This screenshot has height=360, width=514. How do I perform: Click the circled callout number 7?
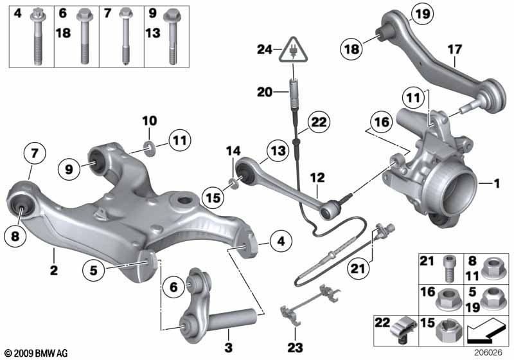[35, 154]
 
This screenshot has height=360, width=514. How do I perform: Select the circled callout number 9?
[69, 169]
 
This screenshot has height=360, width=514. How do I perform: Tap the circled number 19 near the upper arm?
[423, 14]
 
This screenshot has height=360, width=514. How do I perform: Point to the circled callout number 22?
[319, 122]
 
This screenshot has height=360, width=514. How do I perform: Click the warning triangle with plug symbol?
[293, 50]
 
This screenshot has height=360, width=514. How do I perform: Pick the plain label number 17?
[454, 50]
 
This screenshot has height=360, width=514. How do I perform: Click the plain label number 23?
[295, 347]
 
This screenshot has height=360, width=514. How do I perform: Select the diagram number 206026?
[488, 353]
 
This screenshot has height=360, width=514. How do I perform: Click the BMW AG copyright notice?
[37, 353]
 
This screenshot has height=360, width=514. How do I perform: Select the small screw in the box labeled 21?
[448, 269]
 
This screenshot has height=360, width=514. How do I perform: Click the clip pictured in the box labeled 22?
[405, 329]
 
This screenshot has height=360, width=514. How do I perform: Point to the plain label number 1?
[497, 183]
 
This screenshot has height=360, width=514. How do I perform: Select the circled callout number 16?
[382, 122]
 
